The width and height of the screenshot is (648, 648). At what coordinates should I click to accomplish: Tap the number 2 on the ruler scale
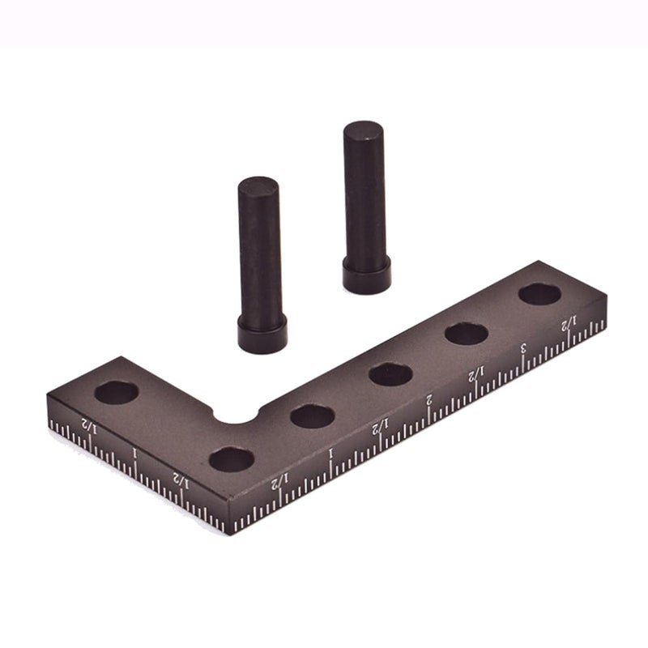tap(429, 399)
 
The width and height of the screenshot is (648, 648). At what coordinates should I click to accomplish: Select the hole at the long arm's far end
tap(540, 293)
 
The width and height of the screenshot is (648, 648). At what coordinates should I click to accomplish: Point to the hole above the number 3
tap(465, 333)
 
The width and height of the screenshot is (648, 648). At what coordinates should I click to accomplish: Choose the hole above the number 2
tap(391, 373)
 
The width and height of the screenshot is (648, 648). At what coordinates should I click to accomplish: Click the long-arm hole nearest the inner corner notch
tap(313, 416)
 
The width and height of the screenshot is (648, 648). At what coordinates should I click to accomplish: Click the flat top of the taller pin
tap(364, 130)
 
